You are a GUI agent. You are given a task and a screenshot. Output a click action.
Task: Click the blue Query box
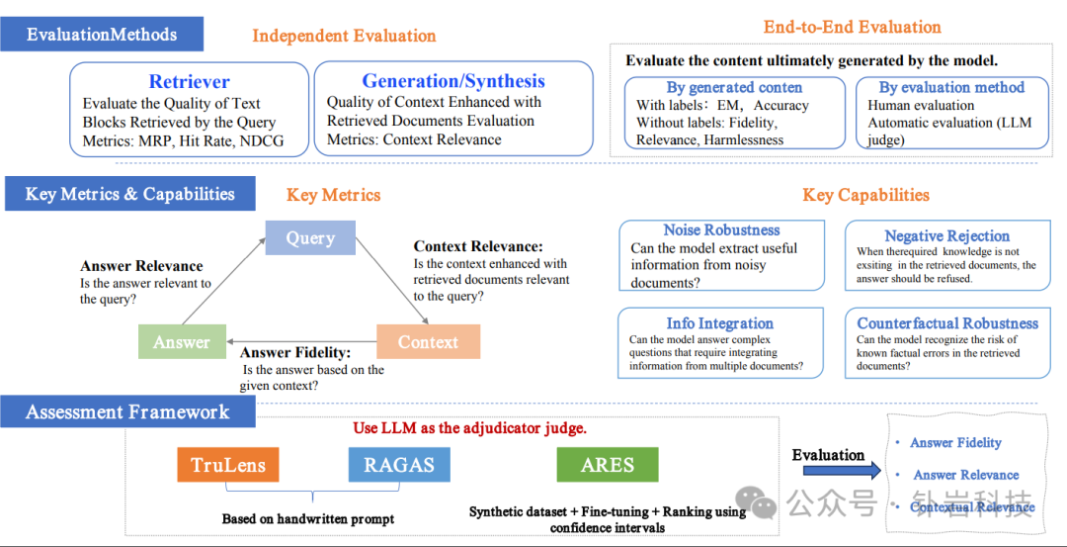(310, 238)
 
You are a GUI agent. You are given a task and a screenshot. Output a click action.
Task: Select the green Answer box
(182, 342)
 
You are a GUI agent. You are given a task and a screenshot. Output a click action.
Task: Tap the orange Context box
(428, 342)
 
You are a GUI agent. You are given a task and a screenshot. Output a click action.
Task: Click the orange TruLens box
(228, 465)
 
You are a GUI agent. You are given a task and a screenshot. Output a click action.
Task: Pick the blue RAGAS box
(399, 465)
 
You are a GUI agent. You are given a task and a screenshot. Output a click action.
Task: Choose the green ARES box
(608, 465)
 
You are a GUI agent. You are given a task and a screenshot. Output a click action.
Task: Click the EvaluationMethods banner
(102, 35)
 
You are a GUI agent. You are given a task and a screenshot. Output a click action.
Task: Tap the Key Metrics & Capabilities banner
(129, 194)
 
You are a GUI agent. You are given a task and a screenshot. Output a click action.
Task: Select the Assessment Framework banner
(127, 412)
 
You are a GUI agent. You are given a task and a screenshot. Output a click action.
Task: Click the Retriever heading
(189, 82)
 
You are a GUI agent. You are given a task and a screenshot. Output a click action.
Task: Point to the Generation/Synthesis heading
(453, 81)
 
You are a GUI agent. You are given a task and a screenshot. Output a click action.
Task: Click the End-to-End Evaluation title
(852, 28)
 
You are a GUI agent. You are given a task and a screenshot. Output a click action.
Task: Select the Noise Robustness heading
(721, 230)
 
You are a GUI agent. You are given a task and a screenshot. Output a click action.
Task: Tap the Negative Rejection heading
(946, 236)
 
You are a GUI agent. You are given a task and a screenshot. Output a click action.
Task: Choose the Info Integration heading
(719, 323)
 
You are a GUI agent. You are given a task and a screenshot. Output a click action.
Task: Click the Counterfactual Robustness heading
(947, 323)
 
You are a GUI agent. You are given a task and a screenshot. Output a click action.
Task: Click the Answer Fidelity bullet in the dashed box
(955, 443)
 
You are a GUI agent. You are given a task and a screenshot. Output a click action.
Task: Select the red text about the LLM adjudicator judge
(469, 428)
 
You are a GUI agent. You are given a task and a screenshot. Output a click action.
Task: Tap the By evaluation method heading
(951, 87)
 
